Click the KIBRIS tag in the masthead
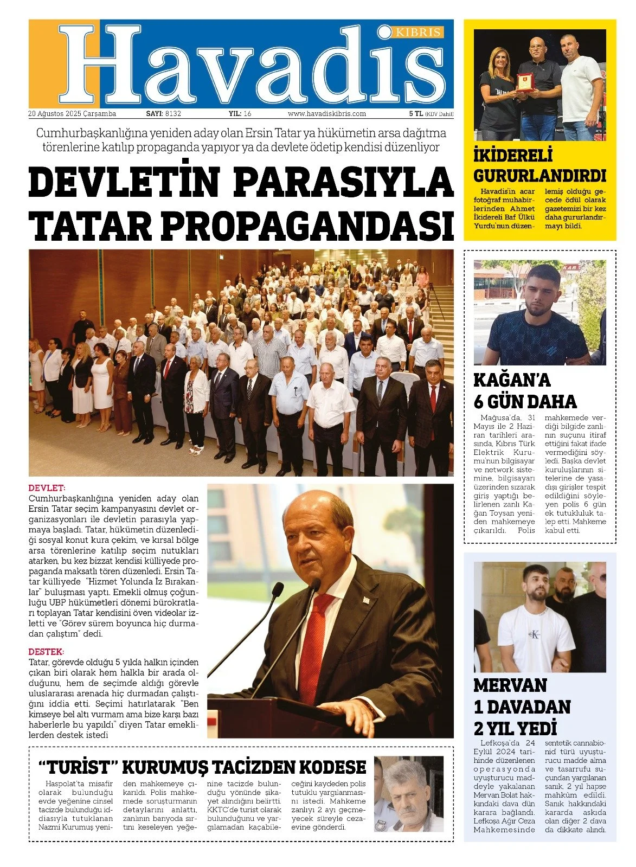pos(419,33)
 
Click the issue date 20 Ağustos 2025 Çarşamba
pos(72,114)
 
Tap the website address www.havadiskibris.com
pos(326,114)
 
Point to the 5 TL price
pos(416,114)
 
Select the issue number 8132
pos(173,114)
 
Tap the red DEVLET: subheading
pos(47,488)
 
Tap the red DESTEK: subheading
pos(46,652)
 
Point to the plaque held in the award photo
pos(524,82)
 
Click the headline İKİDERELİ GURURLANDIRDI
pos(539,166)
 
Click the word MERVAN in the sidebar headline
pos(510,685)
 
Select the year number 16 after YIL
pos(247,114)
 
